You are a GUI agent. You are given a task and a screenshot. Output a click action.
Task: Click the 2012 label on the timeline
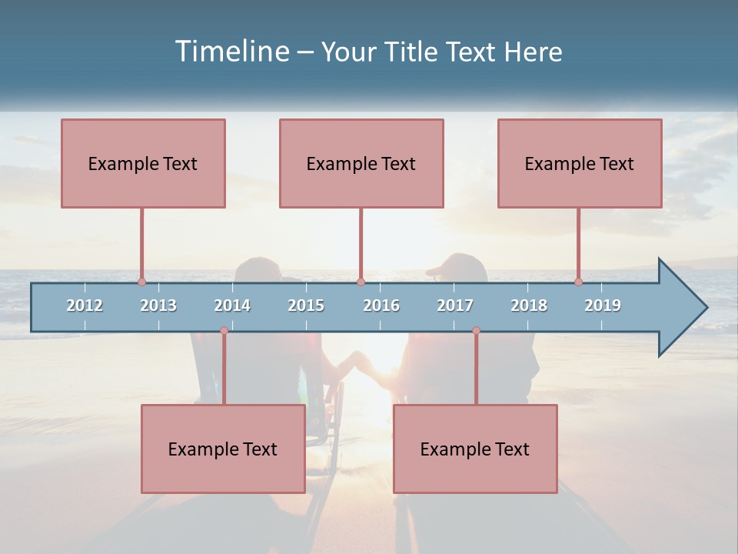pos(85,305)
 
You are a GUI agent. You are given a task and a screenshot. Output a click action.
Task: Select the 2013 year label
pos(158,305)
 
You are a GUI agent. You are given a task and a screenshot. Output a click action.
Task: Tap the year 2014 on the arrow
pos(232,305)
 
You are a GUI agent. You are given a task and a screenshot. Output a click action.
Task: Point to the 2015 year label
pos(306,305)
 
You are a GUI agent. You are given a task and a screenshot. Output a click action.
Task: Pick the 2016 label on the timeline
pos(381,305)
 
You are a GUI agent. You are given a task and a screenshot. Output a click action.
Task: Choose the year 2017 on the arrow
pos(455,305)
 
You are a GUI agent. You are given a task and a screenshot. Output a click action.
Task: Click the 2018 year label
pos(529,305)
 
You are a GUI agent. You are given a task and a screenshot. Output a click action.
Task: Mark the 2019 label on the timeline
pos(603,305)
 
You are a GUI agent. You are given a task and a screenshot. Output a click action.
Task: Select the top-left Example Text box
pos(143,163)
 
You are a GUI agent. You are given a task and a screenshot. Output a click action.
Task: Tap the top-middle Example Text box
pos(361,163)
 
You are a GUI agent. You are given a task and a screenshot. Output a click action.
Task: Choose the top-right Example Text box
pos(580,163)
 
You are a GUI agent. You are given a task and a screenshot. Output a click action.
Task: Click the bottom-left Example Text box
pos(223,449)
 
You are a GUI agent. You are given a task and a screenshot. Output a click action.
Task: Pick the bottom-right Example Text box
pos(475,449)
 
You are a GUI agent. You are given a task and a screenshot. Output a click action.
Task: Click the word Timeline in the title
pos(231,52)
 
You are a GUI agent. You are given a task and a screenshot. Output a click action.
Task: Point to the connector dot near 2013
pos(141,282)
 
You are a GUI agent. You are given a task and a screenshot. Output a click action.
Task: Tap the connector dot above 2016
pos(361,282)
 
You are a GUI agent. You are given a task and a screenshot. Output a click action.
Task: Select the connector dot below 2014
pos(224,330)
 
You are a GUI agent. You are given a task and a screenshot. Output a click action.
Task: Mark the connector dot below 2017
pos(476,330)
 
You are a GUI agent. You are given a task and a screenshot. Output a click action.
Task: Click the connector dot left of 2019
pos(578,282)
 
